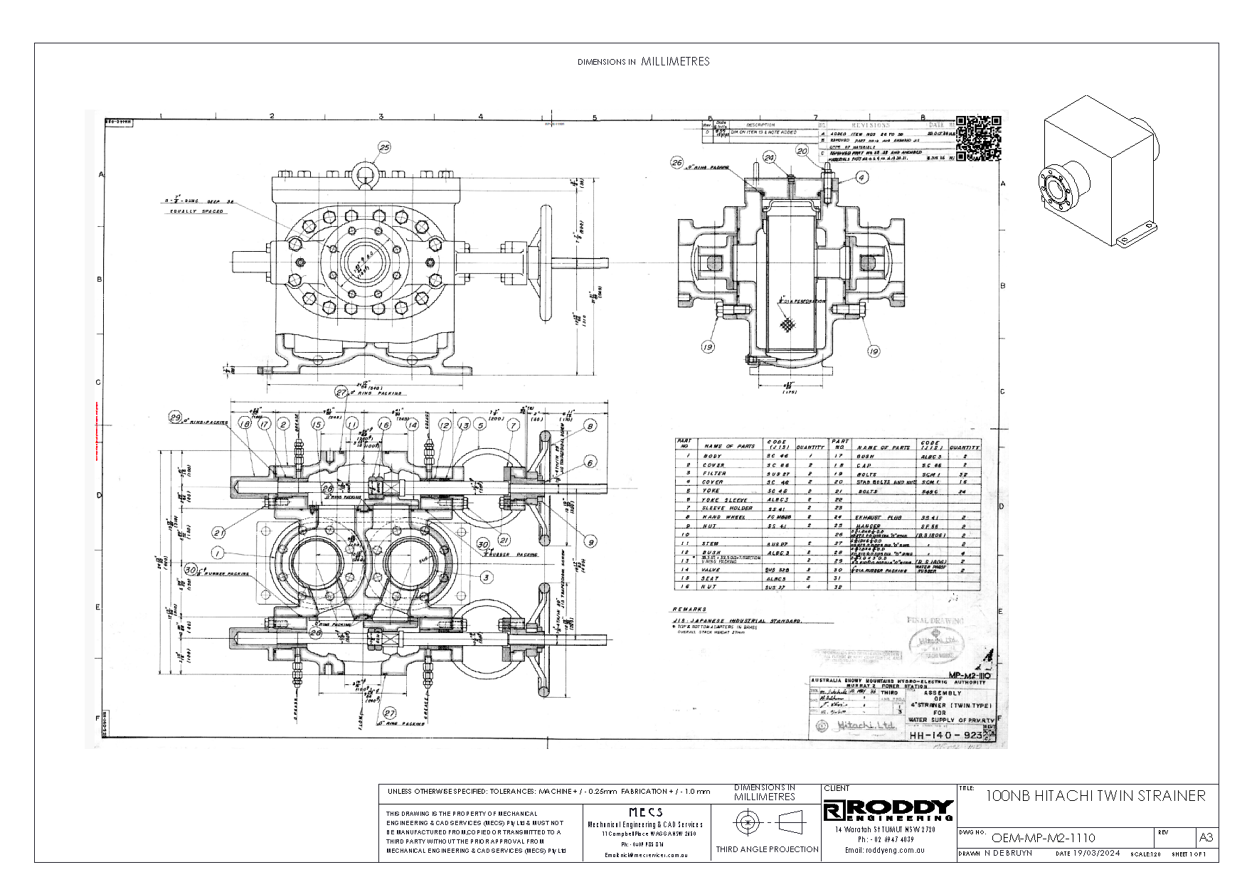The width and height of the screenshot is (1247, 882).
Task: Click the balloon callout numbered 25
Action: pyautogui.click(x=384, y=147)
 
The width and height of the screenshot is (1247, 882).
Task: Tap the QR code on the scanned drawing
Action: pyautogui.click(x=979, y=138)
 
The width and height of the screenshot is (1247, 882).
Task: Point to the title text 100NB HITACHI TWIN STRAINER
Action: pyautogui.click(x=1095, y=796)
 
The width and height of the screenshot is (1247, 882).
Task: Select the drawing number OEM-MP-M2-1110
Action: pyautogui.click(x=1043, y=838)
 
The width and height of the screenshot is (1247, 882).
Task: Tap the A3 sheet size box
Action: pyautogui.click(x=1206, y=837)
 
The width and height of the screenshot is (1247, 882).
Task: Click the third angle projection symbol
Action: pyautogui.click(x=768, y=823)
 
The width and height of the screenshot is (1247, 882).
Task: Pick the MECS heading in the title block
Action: pyautogui.click(x=645, y=812)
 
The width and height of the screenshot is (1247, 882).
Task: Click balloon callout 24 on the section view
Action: pyautogui.click(x=769, y=156)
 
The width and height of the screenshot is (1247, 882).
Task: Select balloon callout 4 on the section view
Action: pyautogui.click(x=861, y=177)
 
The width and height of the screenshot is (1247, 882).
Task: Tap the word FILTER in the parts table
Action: pyautogui.click(x=714, y=473)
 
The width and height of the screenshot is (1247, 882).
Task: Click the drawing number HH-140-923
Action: pyautogui.click(x=945, y=735)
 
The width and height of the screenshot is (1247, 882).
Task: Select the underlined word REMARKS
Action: pyautogui.click(x=689, y=610)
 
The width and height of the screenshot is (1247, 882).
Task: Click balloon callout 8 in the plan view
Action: pyautogui.click(x=590, y=425)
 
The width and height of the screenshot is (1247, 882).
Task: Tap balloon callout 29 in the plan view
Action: pyautogui.click(x=175, y=418)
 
